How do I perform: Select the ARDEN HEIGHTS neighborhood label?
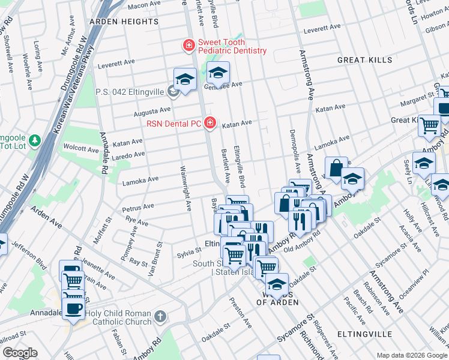tap(124, 22)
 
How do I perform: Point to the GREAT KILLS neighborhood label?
tap(364, 60)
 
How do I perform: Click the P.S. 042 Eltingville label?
tap(131, 93)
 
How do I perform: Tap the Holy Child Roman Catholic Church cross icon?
tap(160, 316)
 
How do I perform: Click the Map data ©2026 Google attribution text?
tap(412, 355)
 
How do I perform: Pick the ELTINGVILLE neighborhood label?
tap(364, 334)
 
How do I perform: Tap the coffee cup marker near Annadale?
tap(73, 308)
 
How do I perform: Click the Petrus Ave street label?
tap(139, 208)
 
